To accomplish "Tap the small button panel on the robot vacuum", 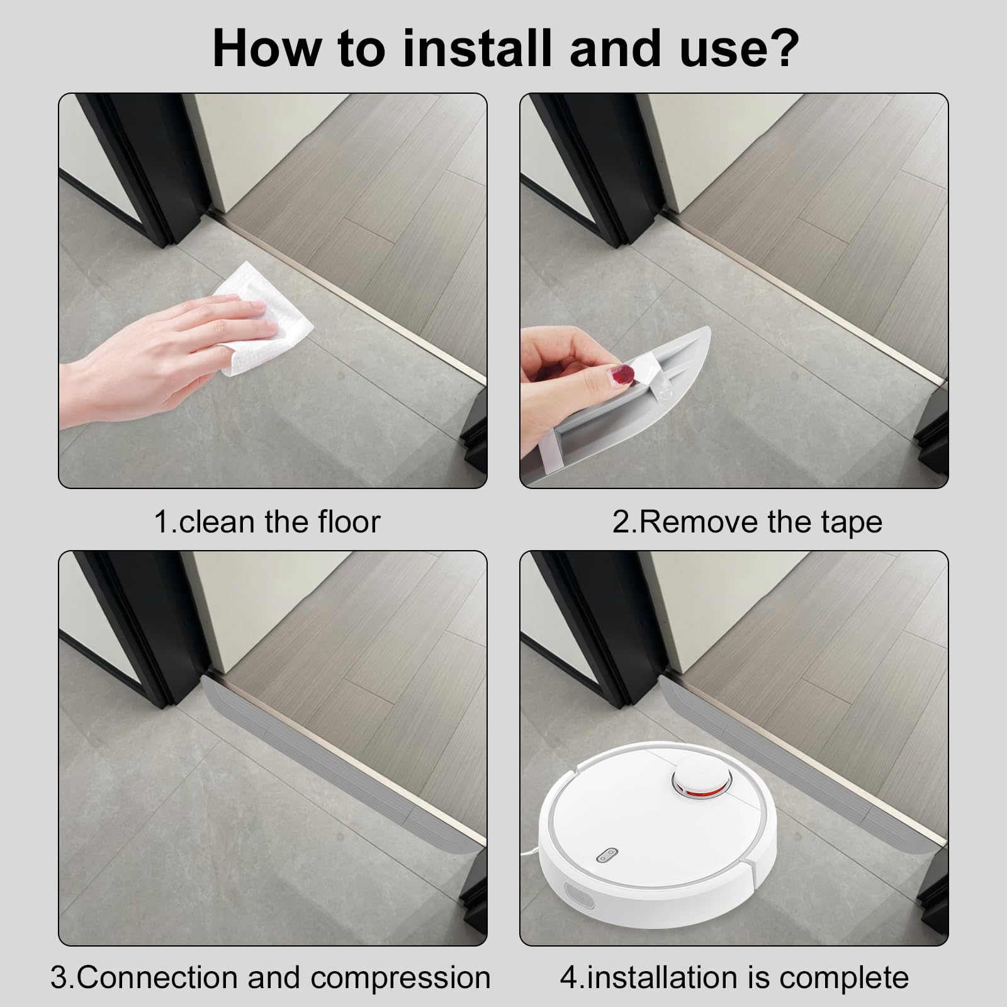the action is [607, 854].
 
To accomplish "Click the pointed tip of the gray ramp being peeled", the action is [709, 327].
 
